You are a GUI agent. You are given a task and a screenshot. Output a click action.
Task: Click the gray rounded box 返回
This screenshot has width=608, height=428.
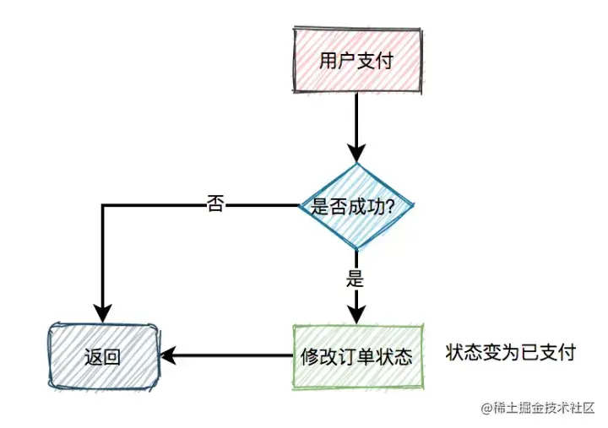point(102,355)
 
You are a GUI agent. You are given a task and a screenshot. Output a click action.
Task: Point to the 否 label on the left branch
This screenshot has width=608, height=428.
point(215,204)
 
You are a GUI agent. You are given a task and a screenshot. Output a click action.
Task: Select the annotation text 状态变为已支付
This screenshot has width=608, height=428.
point(511,352)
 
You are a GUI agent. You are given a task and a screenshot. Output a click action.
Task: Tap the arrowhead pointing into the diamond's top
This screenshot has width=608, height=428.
point(356,154)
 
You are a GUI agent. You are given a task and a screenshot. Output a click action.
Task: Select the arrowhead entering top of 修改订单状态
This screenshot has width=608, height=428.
point(356,314)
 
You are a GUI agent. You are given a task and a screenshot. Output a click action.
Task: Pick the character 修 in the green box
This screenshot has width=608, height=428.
point(309,356)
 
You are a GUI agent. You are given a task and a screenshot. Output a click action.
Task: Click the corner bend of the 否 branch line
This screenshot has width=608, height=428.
point(102,205)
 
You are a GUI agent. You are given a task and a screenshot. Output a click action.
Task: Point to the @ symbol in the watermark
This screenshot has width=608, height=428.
point(487,409)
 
